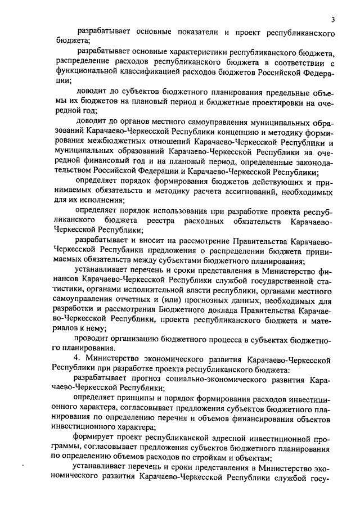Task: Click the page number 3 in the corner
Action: pyautogui.click(x=332, y=20)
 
